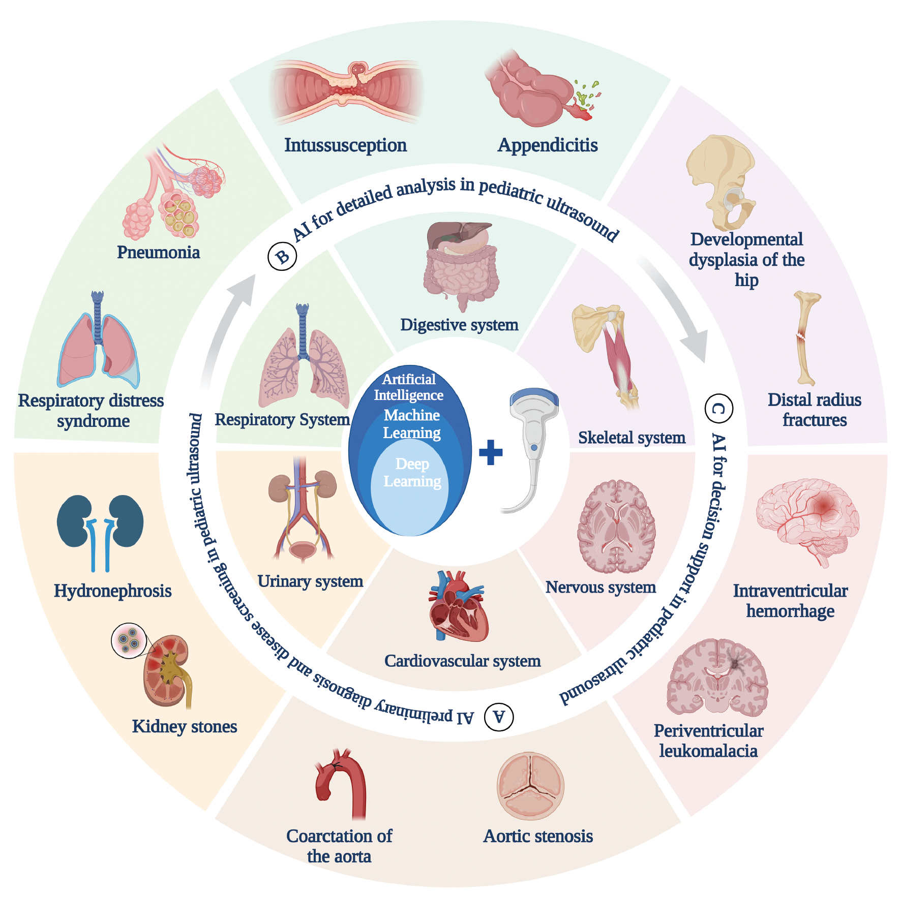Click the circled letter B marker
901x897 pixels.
(x=282, y=256)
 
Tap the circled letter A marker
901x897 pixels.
(x=499, y=717)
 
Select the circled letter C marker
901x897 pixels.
(x=719, y=408)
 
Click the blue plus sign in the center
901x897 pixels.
(x=491, y=452)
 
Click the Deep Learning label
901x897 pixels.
(x=412, y=472)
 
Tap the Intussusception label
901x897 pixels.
(x=345, y=145)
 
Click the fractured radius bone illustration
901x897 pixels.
(x=804, y=337)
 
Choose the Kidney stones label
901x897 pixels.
(x=185, y=727)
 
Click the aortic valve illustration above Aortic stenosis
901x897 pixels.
(x=530, y=786)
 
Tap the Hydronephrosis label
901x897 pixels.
(x=112, y=591)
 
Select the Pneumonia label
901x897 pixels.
(x=158, y=253)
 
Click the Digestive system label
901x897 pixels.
(x=459, y=325)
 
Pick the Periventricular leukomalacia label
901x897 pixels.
(x=708, y=741)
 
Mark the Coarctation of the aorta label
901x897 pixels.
(x=339, y=846)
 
